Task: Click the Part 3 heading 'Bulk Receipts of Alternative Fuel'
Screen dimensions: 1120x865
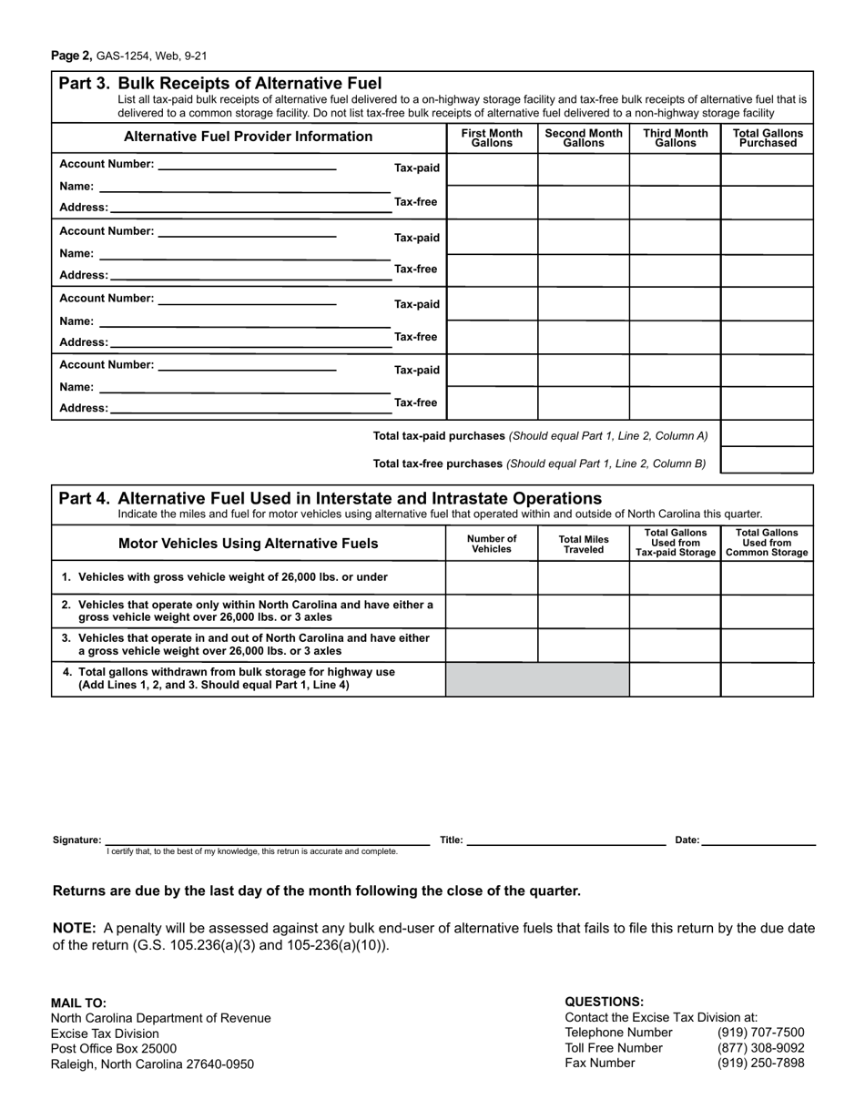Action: (x=249, y=83)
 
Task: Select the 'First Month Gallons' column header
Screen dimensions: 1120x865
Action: (x=492, y=137)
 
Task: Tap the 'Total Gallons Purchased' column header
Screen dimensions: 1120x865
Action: (x=768, y=137)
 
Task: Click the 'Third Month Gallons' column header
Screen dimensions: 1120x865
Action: (x=675, y=137)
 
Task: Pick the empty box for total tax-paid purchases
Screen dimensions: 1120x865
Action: (x=767, y=433)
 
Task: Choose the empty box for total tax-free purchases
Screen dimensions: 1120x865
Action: (x=767, y=461)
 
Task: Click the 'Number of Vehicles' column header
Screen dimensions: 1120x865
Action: (x=492, y=544)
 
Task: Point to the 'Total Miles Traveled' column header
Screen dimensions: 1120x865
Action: (x=584, y=544)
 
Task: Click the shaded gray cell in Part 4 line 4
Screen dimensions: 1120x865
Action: (x=537, y=679)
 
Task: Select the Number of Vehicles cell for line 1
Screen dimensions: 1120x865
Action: (x=492, y=577)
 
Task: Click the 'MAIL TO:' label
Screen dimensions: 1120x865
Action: (x=78, y=1003)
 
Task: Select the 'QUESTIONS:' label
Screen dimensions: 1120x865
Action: (x=604, y=1001)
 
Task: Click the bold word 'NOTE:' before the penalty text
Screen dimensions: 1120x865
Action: (x=75, y=928)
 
